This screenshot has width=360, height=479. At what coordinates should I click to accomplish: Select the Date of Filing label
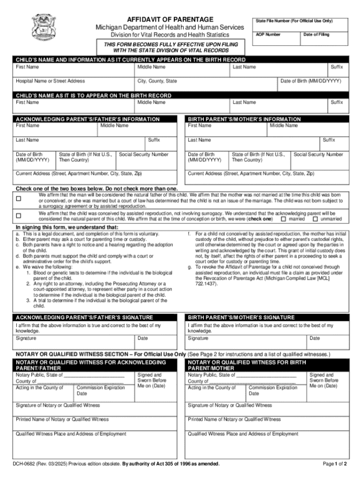(x=316, y=35)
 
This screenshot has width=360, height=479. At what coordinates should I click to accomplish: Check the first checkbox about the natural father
(x=19, y=198)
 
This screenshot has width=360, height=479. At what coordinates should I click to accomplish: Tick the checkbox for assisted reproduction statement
(x=19, y=216)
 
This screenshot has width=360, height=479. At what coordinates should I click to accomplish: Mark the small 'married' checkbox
(x=283, y=219)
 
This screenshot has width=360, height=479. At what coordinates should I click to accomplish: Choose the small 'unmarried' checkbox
(x=315, y=219)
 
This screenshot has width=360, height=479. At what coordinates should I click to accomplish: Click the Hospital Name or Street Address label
(x=50, y=81)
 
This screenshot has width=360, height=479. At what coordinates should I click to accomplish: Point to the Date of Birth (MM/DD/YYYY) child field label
(x=310, y=81)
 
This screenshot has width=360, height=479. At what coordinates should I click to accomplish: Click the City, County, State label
(x=157, y=81)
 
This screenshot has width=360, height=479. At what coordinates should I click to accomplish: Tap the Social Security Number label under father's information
(x=144, y=154)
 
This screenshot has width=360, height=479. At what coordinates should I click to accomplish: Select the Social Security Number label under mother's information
(x=318, y=154)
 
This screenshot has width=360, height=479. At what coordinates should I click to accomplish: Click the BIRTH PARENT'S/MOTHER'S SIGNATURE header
(x=241, y=318)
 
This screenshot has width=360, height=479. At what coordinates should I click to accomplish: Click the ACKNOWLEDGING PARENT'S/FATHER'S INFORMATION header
(x=88, y=119)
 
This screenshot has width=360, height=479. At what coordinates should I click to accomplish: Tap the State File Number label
(x=294, y=21)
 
